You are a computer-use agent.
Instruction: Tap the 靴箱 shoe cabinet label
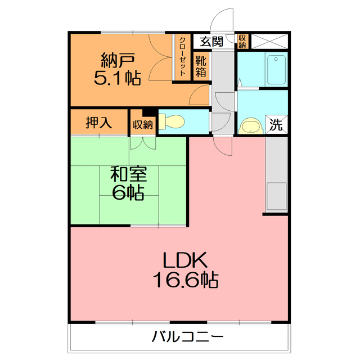tap(201, 66)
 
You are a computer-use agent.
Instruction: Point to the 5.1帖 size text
tap(118, 77)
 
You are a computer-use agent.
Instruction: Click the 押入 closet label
tap(99, 123)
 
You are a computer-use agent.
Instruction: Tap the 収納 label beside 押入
tap(143, 124)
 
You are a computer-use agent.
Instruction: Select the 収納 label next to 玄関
tap(242, 42)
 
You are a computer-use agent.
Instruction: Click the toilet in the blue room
tap(171, 121)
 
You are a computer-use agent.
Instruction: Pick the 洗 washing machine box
tap(276, 124)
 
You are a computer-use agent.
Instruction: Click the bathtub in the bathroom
tap(276, 70)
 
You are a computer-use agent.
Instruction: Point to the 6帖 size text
tap(127, 192)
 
